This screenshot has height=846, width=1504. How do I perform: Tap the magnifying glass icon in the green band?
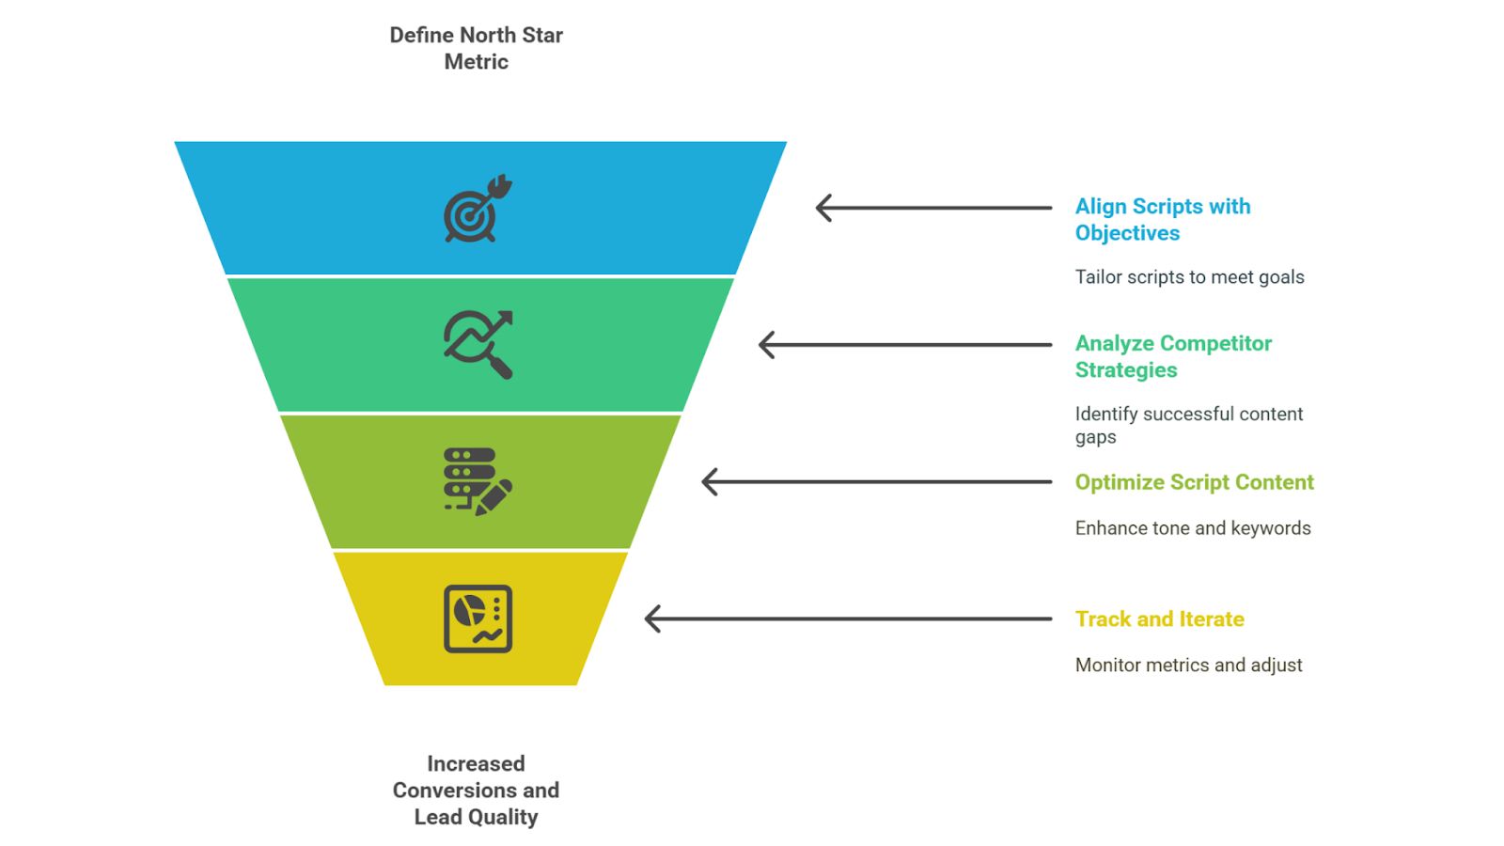tap(478, 344)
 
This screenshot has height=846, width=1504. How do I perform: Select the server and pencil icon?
tap(478, 481)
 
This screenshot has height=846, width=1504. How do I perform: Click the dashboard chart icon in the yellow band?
tap(478, 619)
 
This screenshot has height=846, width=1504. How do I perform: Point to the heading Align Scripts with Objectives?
tap(1162, 220)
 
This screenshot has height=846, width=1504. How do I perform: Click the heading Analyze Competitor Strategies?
tap(1173, 356)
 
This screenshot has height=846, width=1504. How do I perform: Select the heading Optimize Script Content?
tap(1194, 482)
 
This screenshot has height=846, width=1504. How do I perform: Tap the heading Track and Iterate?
tap(1160, 619)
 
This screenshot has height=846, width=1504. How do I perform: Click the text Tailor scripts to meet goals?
tap(1189, 276)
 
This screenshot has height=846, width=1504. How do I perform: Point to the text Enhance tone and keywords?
tap(1193, 528)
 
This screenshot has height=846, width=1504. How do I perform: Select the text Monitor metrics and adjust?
tap(1188, 665)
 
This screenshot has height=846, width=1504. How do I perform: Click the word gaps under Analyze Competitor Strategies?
tap(1095, 438)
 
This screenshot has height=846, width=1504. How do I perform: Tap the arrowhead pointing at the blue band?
tap(823, 208)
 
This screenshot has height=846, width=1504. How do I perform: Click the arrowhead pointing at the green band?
tap(767, 345)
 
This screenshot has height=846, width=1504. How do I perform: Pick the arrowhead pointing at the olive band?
tap(710, 482)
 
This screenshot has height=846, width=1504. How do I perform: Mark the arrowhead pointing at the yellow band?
tap(652, 619)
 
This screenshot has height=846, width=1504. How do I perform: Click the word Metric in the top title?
tap(476, 62)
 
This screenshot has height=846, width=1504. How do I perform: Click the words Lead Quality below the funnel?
tap(476, 817)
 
